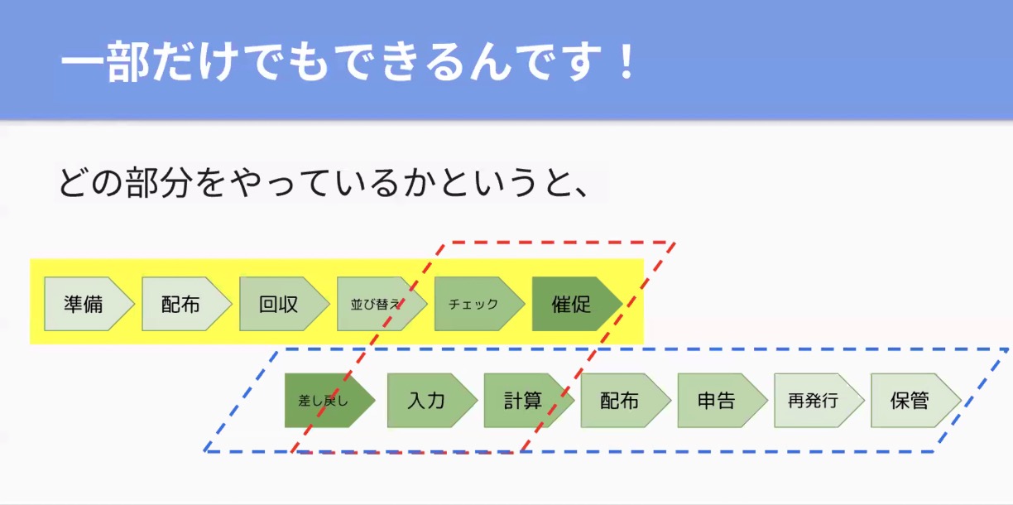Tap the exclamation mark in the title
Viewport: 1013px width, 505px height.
click(x=627, y=61)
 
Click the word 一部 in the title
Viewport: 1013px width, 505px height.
click(x=105, y=61)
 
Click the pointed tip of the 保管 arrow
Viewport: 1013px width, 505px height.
click(x=962, y=400)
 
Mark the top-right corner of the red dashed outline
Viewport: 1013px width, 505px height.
click(x=675, y=243)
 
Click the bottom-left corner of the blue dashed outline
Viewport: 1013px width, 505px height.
click(x=204, y=451)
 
